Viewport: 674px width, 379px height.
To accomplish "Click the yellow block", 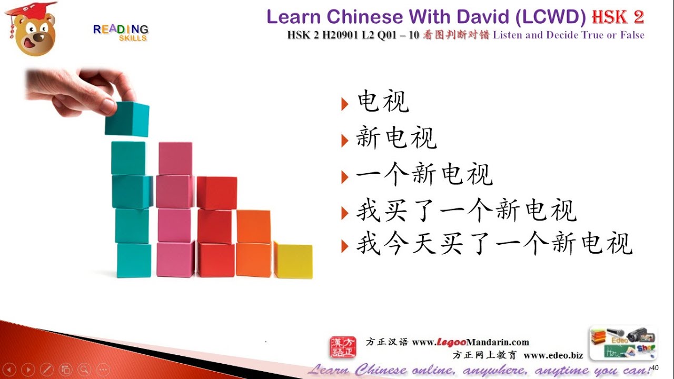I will (293, 260).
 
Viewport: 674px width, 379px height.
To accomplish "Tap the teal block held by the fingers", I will (127, 119).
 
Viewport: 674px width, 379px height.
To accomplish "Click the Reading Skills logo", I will (121, 32).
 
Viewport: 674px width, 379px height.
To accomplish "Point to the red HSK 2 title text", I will (618, 17).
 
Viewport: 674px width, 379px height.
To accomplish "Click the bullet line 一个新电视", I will (424, 175).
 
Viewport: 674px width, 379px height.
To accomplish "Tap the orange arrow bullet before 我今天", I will (345, 245).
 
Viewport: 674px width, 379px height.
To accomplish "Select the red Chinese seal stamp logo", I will (343, 348).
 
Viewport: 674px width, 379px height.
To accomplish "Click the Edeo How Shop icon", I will (623, 343).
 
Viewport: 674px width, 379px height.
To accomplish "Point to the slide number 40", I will (655, 367).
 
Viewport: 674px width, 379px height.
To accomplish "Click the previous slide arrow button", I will (10, 369).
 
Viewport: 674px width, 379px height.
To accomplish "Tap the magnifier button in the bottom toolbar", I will (84, 369).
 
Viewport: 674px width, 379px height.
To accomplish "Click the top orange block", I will (253, 226).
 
